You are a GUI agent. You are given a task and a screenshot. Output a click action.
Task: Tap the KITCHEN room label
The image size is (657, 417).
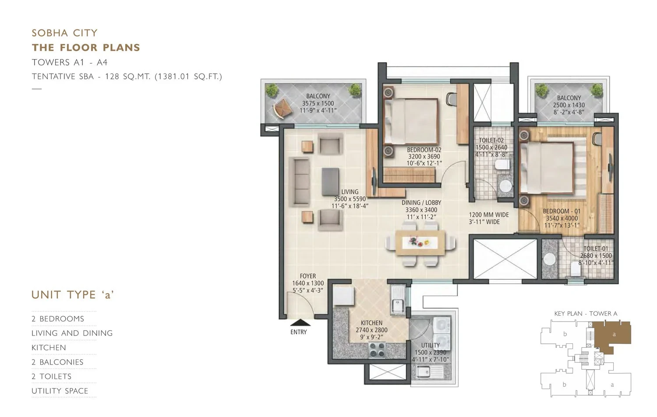click(371, 323)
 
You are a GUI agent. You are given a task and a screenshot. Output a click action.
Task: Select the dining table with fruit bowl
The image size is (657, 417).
click(420, 243)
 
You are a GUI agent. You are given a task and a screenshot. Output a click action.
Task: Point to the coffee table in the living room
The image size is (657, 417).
click(330, 181)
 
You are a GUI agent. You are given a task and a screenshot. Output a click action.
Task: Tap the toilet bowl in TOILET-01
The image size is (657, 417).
click(576, 269)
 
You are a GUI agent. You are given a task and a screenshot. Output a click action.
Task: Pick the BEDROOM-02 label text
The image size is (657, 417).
click(424, 150)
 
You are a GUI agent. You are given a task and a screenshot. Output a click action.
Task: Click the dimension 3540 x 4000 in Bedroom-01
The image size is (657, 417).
click(562, 218)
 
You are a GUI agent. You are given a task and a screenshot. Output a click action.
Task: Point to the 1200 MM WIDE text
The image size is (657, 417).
click(489, 215)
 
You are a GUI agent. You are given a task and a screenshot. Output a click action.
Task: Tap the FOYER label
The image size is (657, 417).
click(308, 276)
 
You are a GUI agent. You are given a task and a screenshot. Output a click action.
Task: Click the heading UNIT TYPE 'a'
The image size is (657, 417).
click(72, 295)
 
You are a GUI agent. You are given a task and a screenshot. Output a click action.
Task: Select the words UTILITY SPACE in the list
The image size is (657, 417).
click(60, 391)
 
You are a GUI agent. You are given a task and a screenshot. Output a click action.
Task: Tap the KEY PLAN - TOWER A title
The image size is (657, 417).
click(586, 314)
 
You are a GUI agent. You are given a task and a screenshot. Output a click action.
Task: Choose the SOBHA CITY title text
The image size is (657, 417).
click(65, 33)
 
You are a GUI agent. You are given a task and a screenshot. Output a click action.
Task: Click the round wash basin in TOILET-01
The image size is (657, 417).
click(549, 259)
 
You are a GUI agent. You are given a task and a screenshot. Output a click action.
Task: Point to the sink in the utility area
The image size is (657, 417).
click(424, 372)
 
